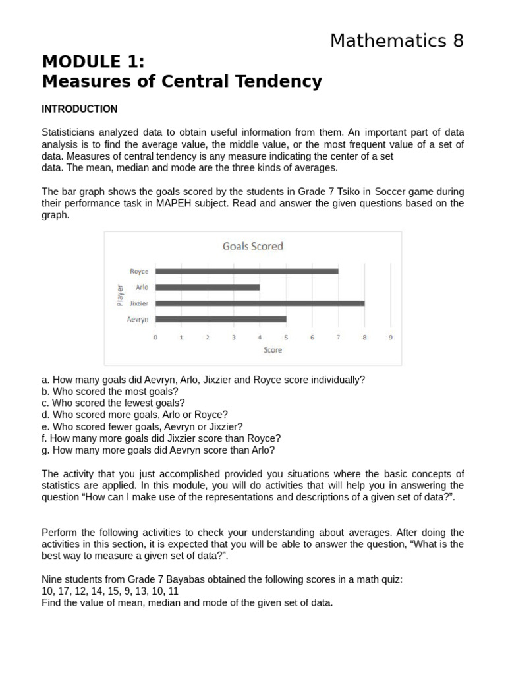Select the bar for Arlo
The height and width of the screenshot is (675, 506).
[208, 287]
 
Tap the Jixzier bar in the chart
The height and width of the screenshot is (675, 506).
[260, 303]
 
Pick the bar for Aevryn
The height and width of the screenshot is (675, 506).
[221, 320]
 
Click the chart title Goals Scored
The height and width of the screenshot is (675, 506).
[253, 246]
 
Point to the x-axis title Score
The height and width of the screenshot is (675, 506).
[273, 350]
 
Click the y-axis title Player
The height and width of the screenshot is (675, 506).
[120, 295]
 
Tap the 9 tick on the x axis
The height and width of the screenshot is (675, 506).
[391, 337]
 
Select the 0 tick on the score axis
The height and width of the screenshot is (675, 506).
[155, 337]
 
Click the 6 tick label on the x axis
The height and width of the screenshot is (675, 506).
[312, 337]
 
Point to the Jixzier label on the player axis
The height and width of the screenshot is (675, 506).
[138, 303]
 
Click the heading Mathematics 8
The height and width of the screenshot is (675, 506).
[397, 41]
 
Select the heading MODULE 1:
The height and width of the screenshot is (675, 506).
[93, 62]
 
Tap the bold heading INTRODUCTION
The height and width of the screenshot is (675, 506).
[80, 109]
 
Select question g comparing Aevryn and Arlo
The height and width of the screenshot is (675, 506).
[158, 450]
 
